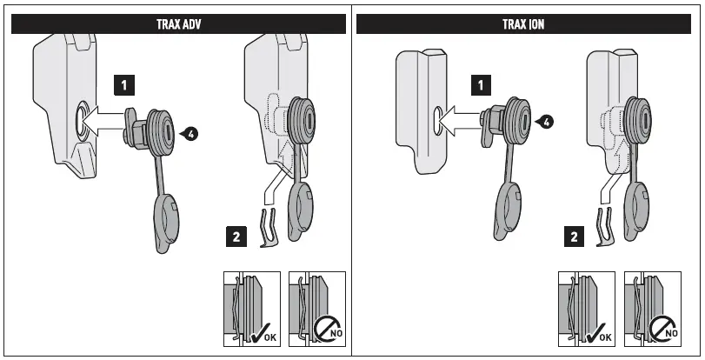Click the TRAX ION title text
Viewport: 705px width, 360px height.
523,24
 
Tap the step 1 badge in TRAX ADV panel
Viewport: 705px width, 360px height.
126,84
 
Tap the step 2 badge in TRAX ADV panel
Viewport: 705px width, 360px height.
235,235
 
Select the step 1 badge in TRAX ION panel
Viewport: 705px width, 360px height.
480,84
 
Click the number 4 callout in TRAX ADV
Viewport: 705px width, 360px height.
190,133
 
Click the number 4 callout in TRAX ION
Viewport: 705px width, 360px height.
545,123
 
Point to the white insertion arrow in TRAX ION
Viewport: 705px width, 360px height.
459,121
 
